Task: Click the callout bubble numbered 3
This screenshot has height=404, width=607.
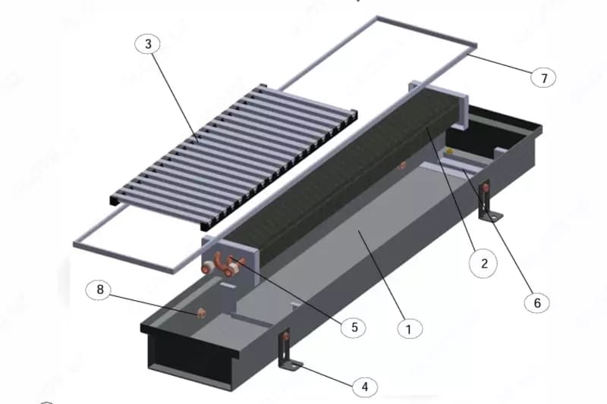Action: coord(148,44)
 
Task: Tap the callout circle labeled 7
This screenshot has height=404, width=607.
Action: coord(543,78)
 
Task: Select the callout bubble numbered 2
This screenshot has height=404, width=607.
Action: coord(483,263)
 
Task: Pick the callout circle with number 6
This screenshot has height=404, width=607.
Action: coord(537,302)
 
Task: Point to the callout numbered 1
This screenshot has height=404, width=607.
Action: coord(410,329)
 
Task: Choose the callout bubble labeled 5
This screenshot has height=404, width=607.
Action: coord(354,327)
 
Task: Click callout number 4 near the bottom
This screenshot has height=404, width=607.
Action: coord(365,387)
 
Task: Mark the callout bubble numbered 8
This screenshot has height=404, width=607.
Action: coord(100,290)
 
